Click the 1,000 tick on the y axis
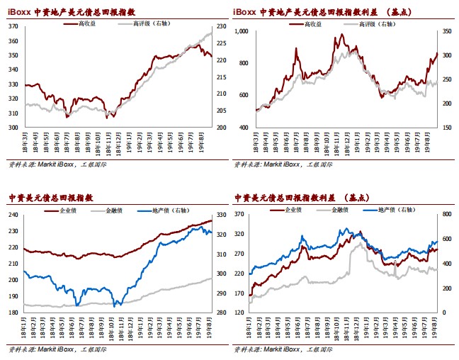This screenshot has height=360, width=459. (x=242, y=31)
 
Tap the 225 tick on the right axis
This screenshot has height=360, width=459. (x=222, y=43)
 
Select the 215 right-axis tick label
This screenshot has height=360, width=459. (x=222, y=77)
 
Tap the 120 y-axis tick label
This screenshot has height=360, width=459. (x=242, y=313)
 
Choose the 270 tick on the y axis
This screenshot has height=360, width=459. (x=242, y=254)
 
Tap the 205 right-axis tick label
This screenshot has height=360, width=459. (x=222, y=111)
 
